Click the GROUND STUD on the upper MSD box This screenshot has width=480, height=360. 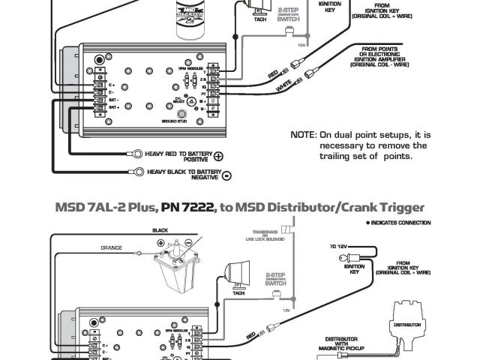point(180,112)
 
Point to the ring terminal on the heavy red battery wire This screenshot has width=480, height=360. point(138,153)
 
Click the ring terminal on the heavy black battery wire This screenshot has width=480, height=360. point(138,172)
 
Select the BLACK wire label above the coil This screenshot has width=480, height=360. point(160,230)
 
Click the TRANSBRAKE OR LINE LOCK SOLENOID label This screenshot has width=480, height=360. point(265,235)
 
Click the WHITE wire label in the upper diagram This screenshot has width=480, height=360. point(283,85)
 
